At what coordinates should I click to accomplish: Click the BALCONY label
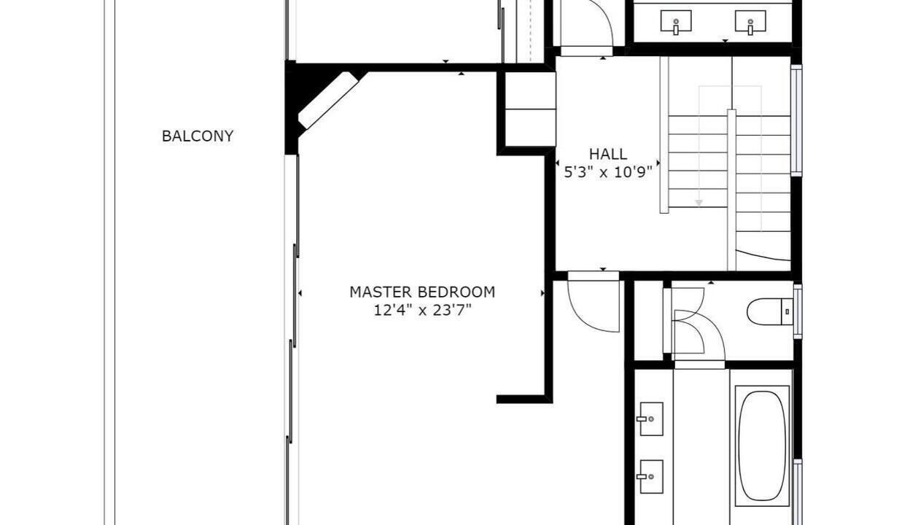pyautogui.click(x=198, y=136)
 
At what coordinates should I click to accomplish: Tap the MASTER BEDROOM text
pyautogui.click(x=422, y=292)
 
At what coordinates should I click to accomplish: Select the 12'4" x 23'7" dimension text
pyautogui.click(x=422, y=310)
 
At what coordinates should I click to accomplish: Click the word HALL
pyautogui.click(x=608, y=154)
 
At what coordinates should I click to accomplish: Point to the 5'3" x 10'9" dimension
pyautogui.click(x=608, y=172)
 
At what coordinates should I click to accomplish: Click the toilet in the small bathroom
pyautogui.click(x=770, y=311)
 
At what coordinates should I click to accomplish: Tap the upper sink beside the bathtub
pyautogui.click(x=651, y=419)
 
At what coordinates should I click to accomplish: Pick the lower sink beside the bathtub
pyautogui.click(x=651, y=477)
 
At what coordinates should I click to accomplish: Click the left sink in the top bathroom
pyautogui.click(x=676, y=22)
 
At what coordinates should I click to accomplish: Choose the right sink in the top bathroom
pyautogui.click(x=750, y=22)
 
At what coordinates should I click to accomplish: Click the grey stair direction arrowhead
pyautogui.click(x=699, y=203)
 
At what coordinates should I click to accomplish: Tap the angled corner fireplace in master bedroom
pyautogui.click(x=328, y=101)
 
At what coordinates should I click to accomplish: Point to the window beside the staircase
pyautogui.click(x=796, y=120)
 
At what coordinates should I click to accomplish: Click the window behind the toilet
pyautogui.click(x=798, y=311)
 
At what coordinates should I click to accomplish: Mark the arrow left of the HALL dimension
pyautogui.click(x=557, y=163)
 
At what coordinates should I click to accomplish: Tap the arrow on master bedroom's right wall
pyautogui.click(x=542, y=293)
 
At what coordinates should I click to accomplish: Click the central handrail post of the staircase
pyautogui.click(x=731, y=190)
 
